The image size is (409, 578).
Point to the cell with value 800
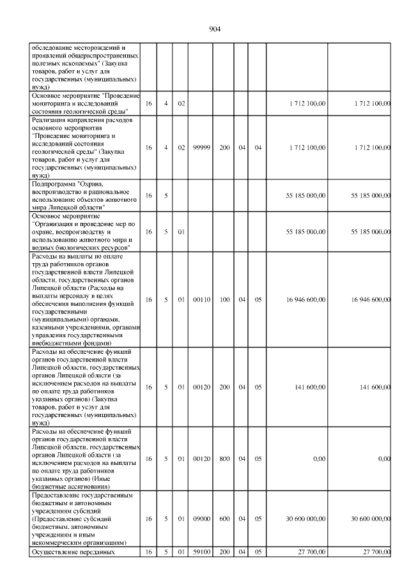pyautogui.click(x=224, y=458)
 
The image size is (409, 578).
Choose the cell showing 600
pyautogui.click(x=224, y=518)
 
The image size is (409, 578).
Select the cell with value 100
pyautogui.click(x=224, y=299)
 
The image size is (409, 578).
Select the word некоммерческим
pyautogui.click(x=56, y=541)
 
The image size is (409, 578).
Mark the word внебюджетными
pyautogui.click(x=58, y=342)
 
